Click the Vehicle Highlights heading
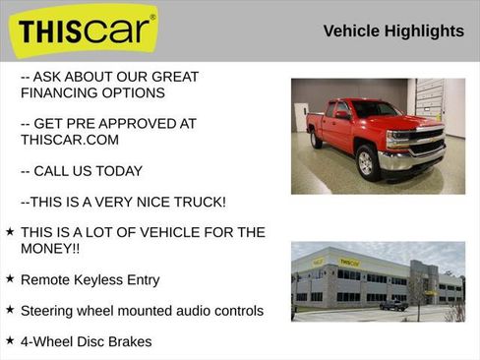click(393, 31)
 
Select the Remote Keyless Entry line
click(90, 279)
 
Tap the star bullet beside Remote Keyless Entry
click(10, 279)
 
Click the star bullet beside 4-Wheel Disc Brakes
click(10, 340)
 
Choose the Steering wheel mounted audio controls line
click(142, 310)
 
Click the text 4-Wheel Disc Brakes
click(86, 341)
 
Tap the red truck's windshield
click(375, 109)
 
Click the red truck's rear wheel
click(317, 141)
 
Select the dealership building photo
click(378, 281)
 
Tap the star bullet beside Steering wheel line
click(10, 310)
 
